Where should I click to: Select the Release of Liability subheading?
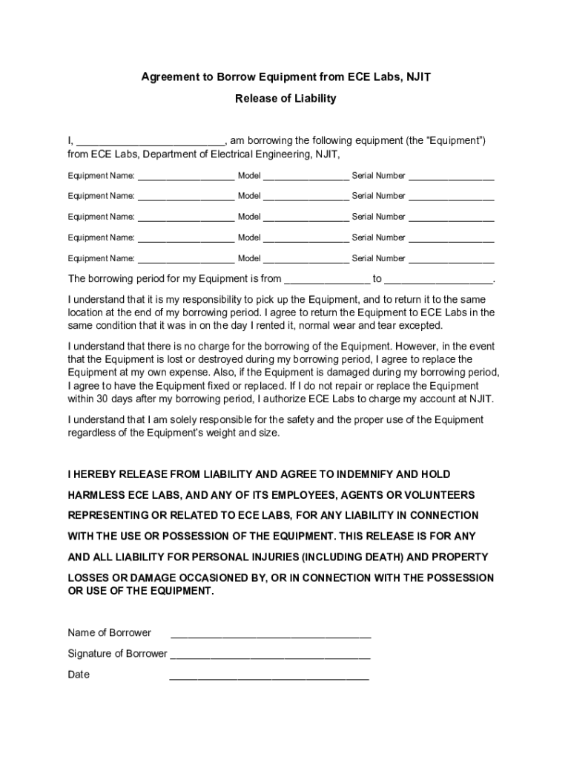[285, 98]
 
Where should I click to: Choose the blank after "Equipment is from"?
[327, 280]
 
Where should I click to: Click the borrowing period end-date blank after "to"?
[439, 280]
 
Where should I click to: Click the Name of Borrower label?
[109, 633]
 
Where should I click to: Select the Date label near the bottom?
[79, 675]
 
